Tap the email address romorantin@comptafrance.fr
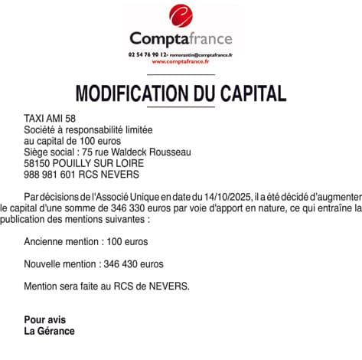click(201, 55)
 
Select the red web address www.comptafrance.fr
click(181, 62)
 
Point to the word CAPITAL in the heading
click(251, 93)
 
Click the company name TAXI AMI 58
click(51, 119)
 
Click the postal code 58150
click(38, 163)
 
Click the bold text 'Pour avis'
click(45, 319)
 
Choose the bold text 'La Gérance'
click(50, 331)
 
